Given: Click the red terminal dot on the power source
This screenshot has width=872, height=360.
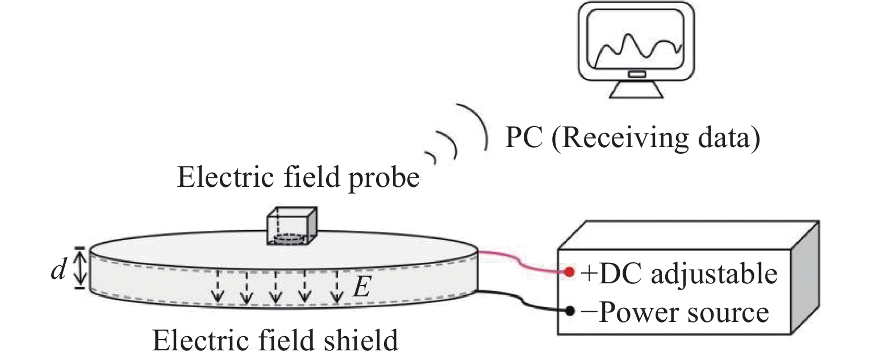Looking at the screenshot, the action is (x=569, y=271).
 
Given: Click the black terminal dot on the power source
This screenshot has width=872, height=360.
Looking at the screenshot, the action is (x=570, y=311).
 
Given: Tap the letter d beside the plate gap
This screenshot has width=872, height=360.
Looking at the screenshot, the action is (x=59, y=269).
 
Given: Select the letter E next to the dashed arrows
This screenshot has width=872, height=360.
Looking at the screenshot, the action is (x=362, y=287).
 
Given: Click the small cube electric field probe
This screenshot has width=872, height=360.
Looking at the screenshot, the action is (x=291, y=226).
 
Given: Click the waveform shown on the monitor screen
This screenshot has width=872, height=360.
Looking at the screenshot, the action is (x=639, y=50).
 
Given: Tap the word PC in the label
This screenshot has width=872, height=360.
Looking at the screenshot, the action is (x=524, y=137).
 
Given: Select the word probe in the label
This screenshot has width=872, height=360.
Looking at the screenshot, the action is (x=384, y=179).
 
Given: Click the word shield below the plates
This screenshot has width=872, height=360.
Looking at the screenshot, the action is (x=361, y=341).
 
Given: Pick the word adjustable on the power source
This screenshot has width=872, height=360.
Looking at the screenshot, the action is (x=714, y=275).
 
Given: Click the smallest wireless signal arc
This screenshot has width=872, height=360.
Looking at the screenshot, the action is (x=431, y=157).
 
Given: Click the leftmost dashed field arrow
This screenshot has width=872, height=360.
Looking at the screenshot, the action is (x=218, y=287).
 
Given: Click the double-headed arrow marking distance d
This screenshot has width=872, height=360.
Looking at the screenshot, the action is (x=80, y=268).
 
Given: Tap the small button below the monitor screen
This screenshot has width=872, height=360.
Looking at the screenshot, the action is (x=637, y=74).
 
